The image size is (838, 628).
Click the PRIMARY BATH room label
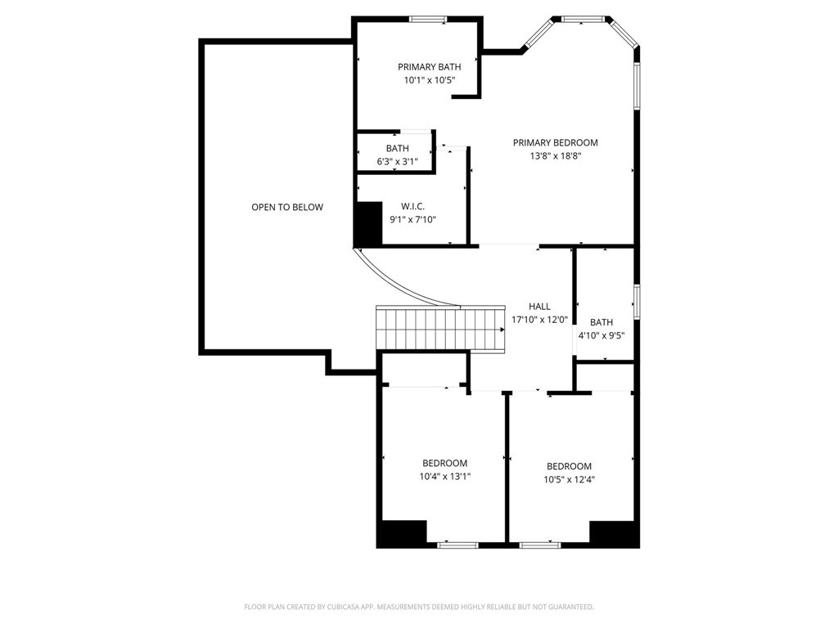[x=429, y=67]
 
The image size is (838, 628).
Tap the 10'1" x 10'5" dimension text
[x=429, y=81]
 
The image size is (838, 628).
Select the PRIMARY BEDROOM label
[x=556, y=142]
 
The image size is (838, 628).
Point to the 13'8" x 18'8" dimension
[x=556, y=156]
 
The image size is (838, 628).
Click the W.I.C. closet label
[x=413, y=206]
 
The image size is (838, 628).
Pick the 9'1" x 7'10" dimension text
[x=413, y=219]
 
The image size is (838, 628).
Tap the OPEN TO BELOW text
[x=287, y=207]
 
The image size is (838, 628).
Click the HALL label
[x=539, y=307]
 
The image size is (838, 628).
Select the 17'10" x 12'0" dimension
[x=539, y=320]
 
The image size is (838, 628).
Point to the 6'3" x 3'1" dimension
[x=397, y=162]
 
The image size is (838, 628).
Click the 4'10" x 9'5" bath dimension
[x=601, y=336]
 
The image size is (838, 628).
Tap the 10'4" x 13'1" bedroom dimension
[x=444, y=477]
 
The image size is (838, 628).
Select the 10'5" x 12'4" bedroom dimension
[x=570, y=479]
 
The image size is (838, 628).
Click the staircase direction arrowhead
[x=502, y=330]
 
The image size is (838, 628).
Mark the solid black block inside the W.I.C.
[x=369, y=222]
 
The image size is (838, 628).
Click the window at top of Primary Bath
[x=427, y=20]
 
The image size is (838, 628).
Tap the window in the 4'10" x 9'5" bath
[x=637, y=303]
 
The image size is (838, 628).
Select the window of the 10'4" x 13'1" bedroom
[x=458, y=545]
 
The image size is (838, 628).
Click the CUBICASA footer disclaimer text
[x=419, y=608]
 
